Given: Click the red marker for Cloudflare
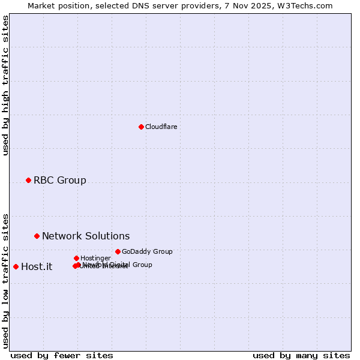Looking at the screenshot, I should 141,127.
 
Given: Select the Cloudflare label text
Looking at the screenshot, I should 161,127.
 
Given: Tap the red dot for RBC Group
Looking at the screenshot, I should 28,180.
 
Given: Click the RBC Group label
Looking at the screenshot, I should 60,180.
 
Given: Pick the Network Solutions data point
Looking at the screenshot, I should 37,236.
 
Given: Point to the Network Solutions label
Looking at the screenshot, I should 86,236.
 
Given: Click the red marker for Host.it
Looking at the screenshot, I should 16,266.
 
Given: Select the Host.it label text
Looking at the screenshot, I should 37,266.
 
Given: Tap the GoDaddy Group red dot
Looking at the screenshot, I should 118,251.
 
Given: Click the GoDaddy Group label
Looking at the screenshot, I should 147,251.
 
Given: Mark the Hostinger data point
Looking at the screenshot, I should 76,258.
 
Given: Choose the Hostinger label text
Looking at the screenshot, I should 95,258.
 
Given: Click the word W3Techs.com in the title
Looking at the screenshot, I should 309,5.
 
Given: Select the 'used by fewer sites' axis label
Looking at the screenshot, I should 62,355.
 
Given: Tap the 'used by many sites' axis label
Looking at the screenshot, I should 301,355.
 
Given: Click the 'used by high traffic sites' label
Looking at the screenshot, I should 5,85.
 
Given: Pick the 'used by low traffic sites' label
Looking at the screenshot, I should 5,280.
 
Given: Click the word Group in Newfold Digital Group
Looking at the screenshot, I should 142,265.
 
